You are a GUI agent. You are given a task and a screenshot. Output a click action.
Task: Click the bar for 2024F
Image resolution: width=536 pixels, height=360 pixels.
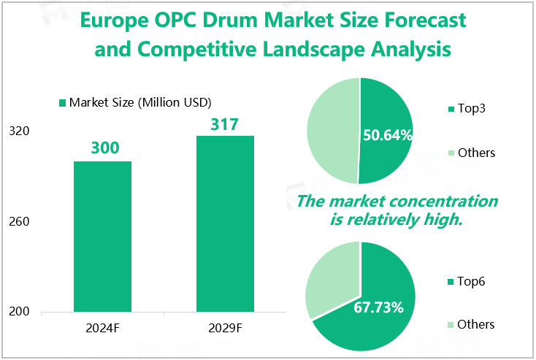click(103, 236)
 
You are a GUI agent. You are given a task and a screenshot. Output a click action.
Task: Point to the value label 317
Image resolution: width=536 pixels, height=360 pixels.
click(224, 124)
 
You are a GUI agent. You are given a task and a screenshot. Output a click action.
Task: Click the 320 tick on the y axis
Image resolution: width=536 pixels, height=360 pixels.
click(20, 131)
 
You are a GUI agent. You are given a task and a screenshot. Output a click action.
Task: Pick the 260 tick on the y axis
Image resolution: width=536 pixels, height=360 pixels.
click(20, 221)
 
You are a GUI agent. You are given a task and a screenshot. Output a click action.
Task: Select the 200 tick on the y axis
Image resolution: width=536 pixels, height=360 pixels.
click(20, 312)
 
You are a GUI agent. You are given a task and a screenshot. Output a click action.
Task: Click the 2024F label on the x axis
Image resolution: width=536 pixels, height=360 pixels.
click(103, 327)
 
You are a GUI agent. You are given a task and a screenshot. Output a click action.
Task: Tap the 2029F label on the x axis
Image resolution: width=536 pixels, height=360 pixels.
click(224, 327)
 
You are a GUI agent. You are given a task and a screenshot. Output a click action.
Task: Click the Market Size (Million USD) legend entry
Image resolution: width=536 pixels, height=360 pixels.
click(139, 102)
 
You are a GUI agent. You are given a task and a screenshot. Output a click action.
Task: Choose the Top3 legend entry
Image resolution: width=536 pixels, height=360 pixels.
click(470, 110)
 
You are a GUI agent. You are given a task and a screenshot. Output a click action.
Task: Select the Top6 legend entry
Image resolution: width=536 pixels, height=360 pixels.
click(470, 281)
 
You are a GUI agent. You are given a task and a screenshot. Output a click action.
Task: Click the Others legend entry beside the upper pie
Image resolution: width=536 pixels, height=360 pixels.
click(475, 153)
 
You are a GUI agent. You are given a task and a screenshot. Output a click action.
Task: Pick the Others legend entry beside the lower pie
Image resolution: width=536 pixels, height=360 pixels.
click(475, 324)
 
